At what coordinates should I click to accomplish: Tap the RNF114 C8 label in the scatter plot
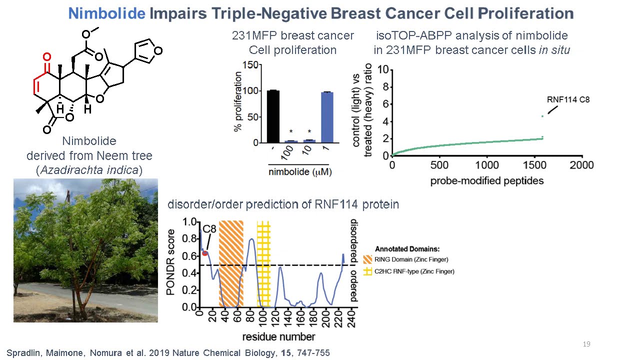tap(568, 99)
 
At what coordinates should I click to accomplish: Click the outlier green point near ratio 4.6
tap(542, 116)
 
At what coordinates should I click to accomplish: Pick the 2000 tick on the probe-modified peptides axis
tap(582, 165)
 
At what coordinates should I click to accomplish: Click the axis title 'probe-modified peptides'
tap(486, 180)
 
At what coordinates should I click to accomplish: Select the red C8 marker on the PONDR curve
tap(205, 253)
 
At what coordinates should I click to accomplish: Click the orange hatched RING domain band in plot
tap(231, 263)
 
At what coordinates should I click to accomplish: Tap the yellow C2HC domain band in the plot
tap(263, 263)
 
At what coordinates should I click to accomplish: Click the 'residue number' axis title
tap(279, 336)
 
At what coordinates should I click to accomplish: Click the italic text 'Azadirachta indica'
tap(89, 170)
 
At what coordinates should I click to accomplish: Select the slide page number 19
tap(587, 344)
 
